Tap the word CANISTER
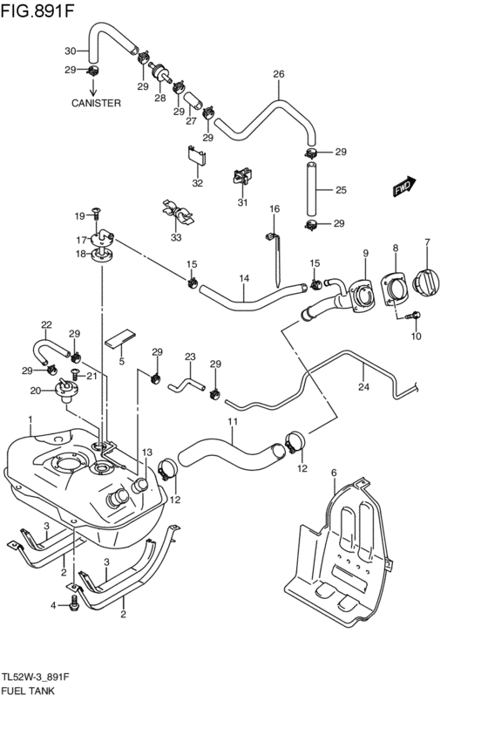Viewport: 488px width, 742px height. pyautogui.click(x=95, y=102)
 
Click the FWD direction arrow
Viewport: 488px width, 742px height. pyautogui.click(x=404, y=187)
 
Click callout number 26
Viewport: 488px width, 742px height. pyautogui.click(x=279, y=75)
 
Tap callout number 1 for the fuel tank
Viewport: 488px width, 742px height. pyautogui.click(x=30, y=419)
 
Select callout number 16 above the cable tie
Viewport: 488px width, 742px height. pyautogui.click(x=274, y=209)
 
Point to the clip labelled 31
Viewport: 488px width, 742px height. pyautogui.click(x=241, y=178)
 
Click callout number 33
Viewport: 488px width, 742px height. pyautogui.click(x=177, y=237)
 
